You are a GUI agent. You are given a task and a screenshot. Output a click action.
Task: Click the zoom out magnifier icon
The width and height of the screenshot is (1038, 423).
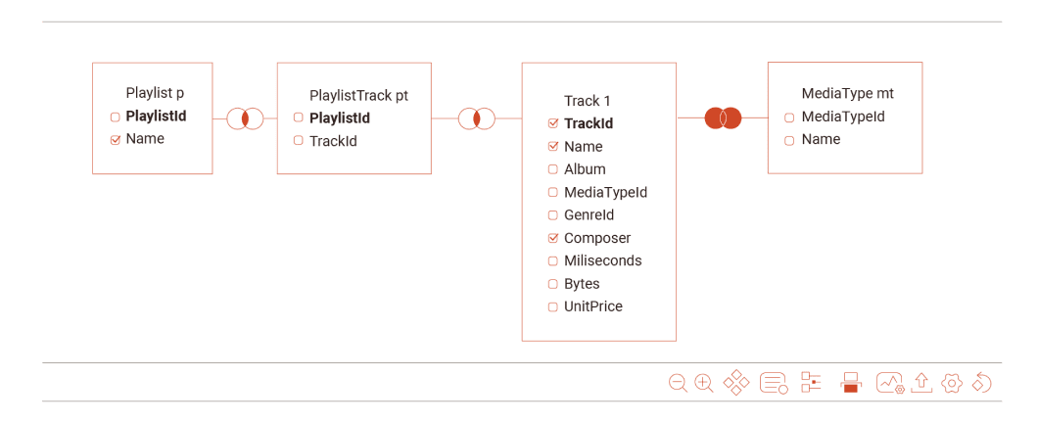[677, 383]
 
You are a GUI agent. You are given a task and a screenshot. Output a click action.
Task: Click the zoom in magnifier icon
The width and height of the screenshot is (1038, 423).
[703, 383]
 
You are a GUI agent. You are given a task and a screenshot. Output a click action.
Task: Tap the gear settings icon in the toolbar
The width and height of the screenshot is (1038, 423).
[951, 383]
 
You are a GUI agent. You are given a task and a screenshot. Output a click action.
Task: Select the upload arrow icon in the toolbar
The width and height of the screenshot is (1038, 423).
[920, 382]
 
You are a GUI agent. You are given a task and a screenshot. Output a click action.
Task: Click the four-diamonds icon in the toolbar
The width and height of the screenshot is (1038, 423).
[735, 382]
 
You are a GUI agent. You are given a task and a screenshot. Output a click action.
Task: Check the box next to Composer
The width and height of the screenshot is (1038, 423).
[553, 238]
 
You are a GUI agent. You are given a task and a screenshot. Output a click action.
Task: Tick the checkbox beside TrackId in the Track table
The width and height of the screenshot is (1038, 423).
[553, 123]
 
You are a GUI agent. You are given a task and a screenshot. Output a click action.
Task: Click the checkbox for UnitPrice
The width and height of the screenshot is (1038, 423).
[553, 306]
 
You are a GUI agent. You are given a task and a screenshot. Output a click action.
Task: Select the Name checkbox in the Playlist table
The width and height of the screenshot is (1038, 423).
[115, 139]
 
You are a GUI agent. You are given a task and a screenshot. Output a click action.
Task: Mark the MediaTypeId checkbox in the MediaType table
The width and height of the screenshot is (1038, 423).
[789, 117]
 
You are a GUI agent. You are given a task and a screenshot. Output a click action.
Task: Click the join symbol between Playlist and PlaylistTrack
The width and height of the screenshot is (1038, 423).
[245, 118]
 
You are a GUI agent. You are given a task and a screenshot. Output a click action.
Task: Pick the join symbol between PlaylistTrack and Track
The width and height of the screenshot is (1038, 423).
[476, 118]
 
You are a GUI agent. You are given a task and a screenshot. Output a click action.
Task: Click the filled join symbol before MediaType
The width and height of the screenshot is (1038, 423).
[723, 118]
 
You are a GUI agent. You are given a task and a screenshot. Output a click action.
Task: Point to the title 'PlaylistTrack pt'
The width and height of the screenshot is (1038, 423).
[358, 96]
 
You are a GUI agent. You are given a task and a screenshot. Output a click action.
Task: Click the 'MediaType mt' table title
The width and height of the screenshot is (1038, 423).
[847, 94]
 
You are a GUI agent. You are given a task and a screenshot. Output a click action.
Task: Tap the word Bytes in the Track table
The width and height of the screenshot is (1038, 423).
[582, 284]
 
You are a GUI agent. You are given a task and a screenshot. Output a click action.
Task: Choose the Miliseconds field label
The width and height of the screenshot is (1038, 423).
[602, 260]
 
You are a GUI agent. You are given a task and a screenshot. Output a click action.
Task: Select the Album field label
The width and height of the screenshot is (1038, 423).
[585, 169]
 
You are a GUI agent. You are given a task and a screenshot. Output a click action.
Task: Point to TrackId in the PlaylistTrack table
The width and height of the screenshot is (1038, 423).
[333, 141]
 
